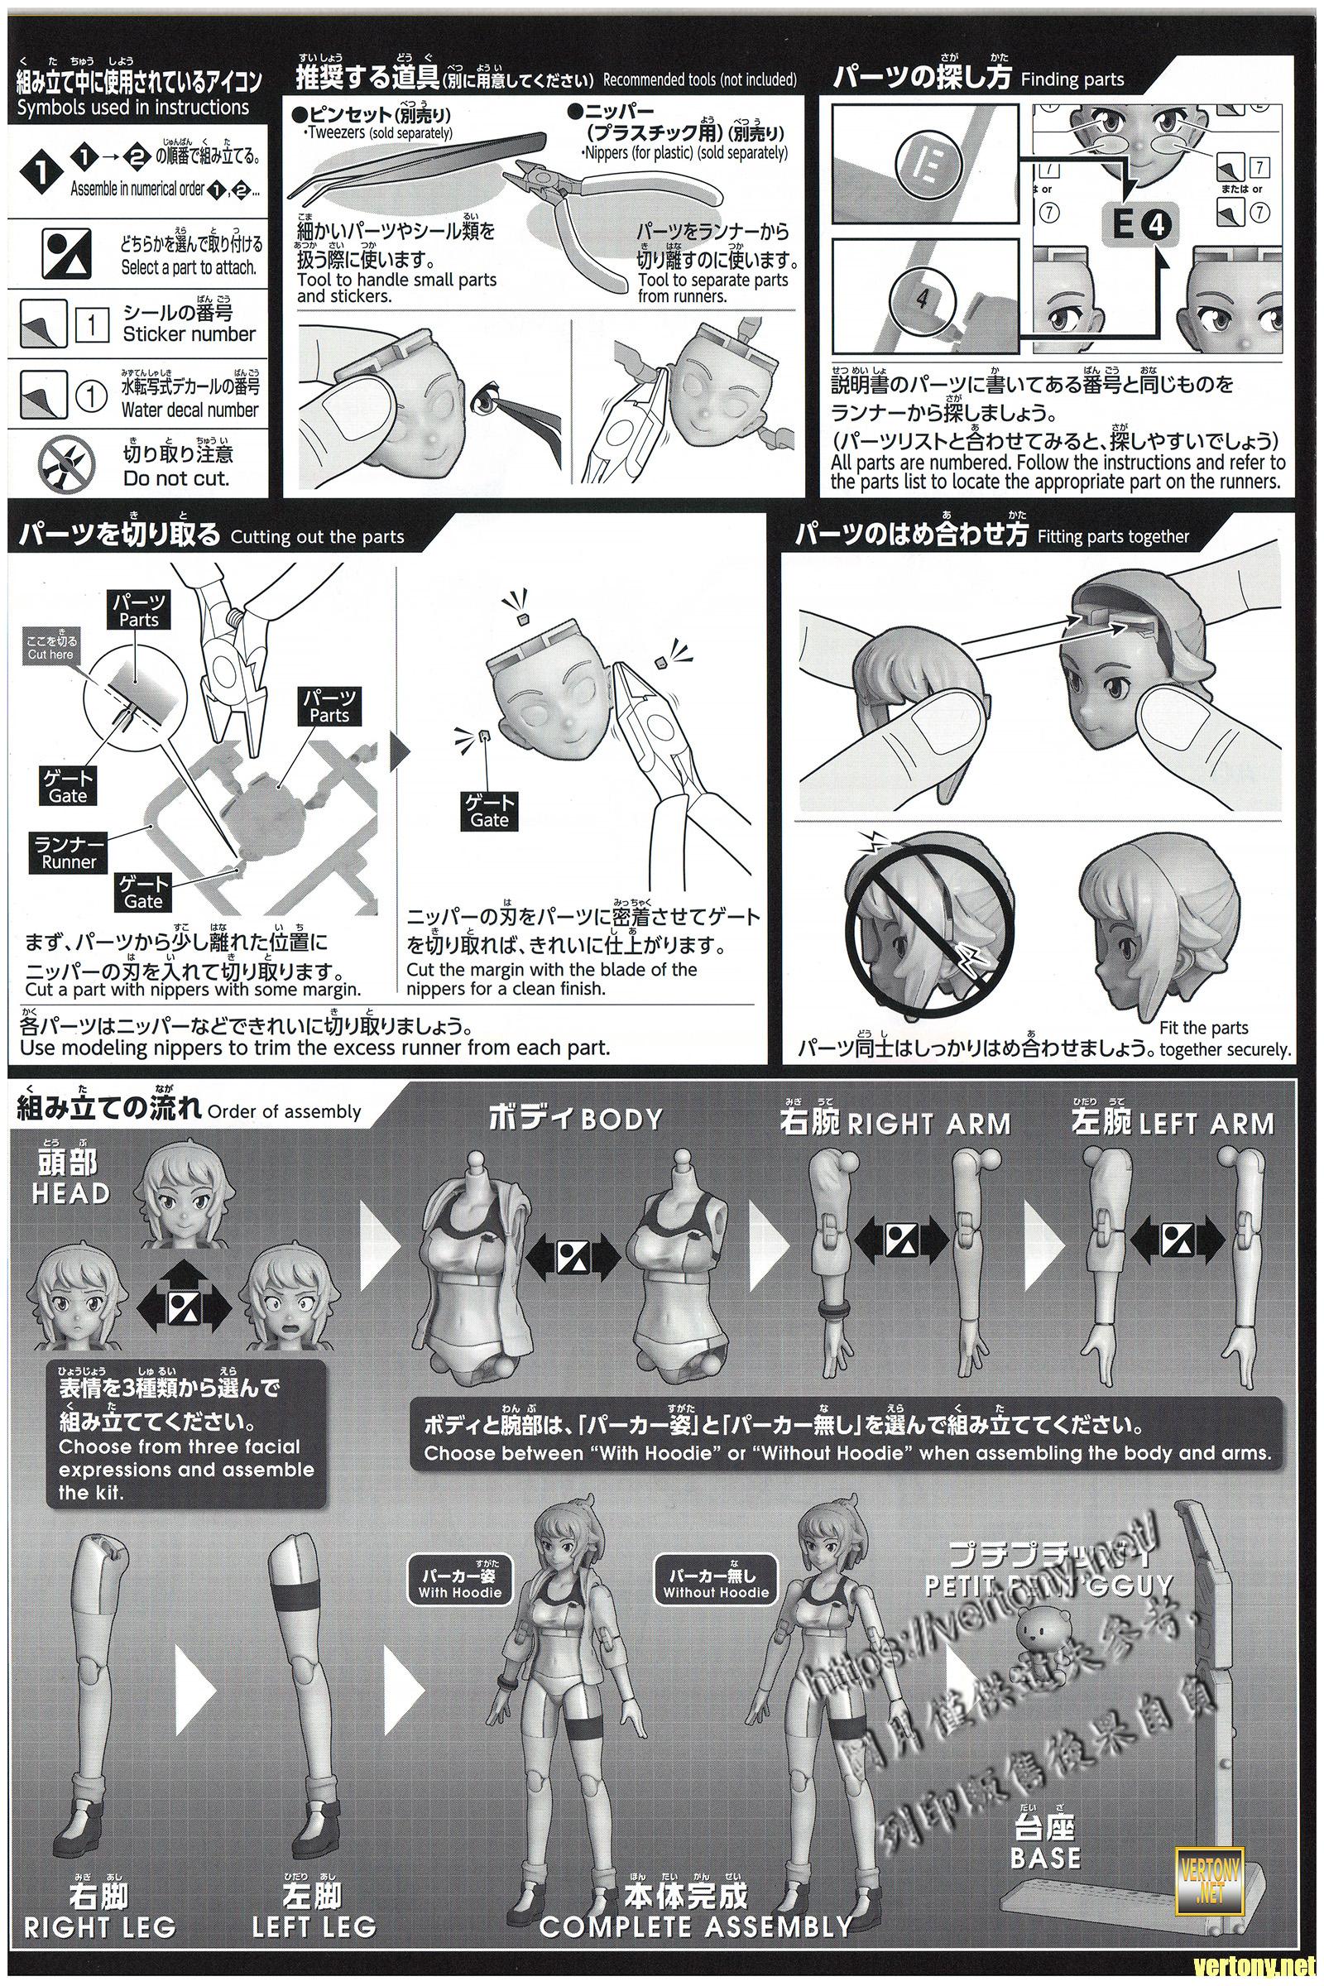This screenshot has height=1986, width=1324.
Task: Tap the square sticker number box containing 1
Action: click(92, 325)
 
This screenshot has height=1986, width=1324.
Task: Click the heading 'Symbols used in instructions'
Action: click(133, 108)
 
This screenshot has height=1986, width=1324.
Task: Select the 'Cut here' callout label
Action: click(50, 648)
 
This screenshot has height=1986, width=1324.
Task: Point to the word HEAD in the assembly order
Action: click(70, 1192)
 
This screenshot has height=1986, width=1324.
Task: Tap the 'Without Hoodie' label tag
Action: click(715, 1583)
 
